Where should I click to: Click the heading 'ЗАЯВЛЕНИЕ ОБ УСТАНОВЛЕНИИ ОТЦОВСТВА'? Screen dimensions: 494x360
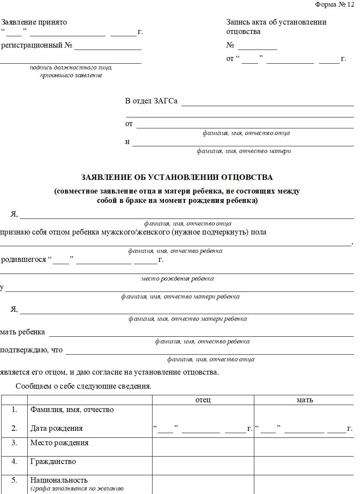pos(177,178)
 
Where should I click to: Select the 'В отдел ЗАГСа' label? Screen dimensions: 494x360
pos(151,101)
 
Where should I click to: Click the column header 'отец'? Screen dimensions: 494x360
pos(203,400)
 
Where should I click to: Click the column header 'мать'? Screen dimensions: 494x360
pos(305,400)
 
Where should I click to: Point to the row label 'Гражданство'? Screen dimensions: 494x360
pos(53,462)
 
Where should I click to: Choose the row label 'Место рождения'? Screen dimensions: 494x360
pos(59,443)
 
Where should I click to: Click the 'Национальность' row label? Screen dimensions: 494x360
pos(59,480)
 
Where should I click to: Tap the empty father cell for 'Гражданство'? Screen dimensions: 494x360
pos(203,466)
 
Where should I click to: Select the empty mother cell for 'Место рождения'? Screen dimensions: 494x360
pos(305,447)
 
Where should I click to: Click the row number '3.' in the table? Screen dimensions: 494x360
pos(14,443)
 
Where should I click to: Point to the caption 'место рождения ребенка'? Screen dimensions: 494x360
pos(177,279)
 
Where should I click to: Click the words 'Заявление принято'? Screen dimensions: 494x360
pos(34,22)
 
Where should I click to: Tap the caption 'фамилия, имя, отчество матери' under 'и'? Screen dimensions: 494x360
pos(244,151)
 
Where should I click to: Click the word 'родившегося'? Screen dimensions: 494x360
pos(23,259)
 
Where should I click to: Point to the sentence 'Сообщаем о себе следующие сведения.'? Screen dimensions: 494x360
pos(83,387)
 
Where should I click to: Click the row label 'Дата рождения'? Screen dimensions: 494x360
pos(57,428)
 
